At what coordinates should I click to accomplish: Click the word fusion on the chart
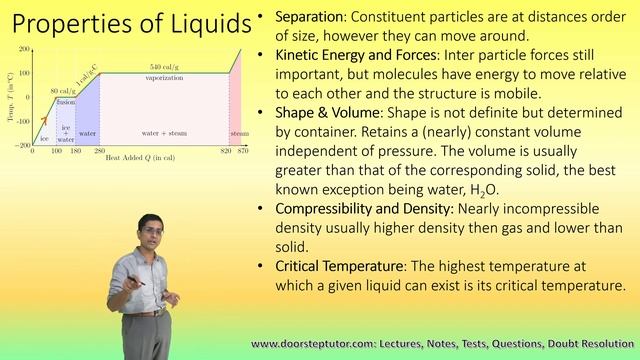point(66,101)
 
